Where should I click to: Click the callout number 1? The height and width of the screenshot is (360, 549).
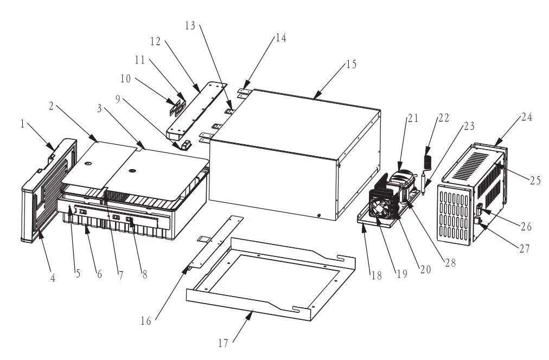(x=23, y=124)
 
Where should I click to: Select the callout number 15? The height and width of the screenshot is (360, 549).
(x=351, y=65)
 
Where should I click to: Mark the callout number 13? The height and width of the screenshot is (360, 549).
(x=189, y=25)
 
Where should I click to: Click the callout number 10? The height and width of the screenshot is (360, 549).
(x=126, y=79)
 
